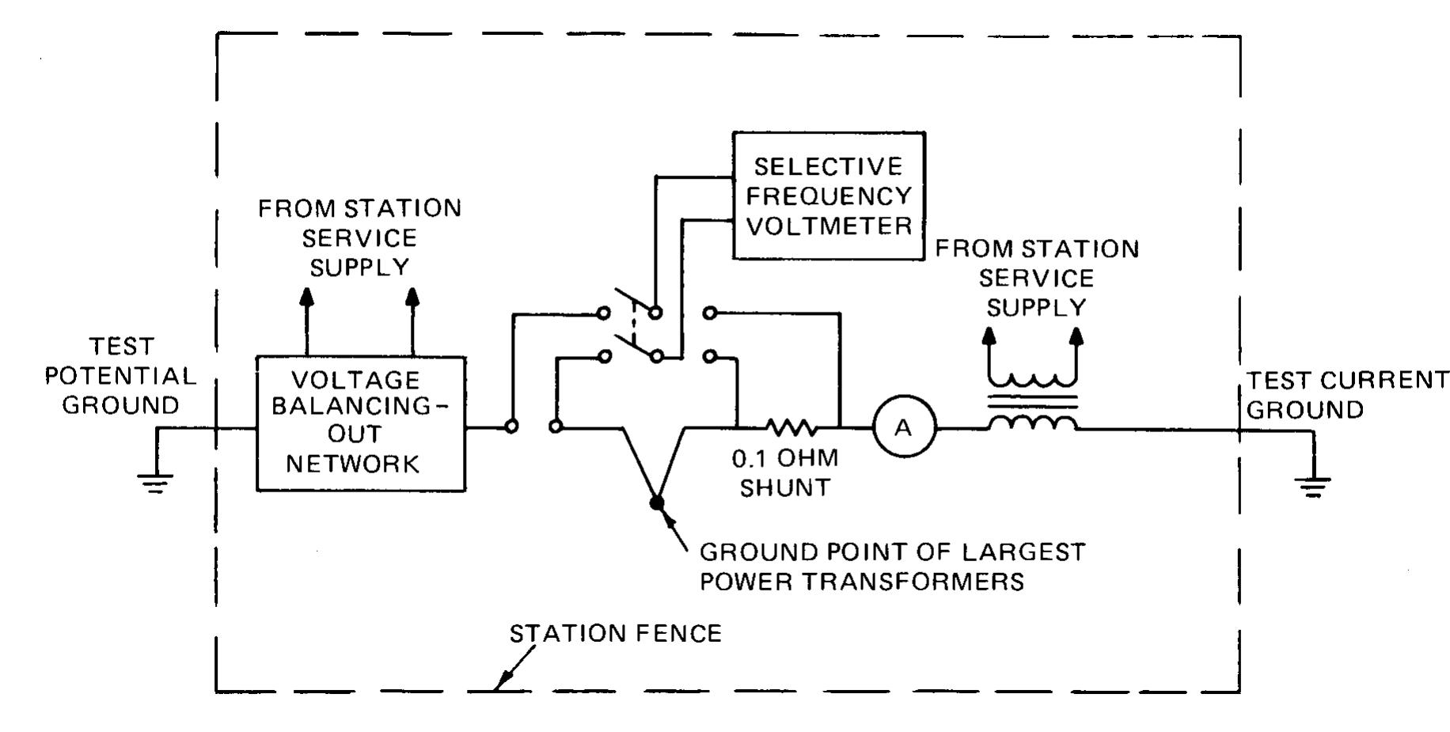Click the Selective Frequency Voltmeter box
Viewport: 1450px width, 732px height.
(x=828, y=195)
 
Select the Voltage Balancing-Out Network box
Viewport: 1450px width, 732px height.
(x=361, y=423)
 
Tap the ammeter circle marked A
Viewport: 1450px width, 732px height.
(x=904, y=428)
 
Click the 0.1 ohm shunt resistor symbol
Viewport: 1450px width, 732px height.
(x=791, y=428)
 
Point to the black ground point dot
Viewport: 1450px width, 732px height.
(x=656, y=503)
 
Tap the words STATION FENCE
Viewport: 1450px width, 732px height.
(x=615, y=634)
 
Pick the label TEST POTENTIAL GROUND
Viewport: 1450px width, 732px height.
(x=120, y=376)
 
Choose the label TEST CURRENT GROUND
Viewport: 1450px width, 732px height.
(x=1346, y=395)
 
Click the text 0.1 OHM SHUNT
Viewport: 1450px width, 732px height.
(x=784, y=473)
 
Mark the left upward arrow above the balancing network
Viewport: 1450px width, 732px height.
(x=307, y=298)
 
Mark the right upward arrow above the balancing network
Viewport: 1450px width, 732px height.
(x=412, y=298)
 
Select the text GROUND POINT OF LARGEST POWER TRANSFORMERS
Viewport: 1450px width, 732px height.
(x=892, y=567)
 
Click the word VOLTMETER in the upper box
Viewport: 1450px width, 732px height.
(x=829, y=226)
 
